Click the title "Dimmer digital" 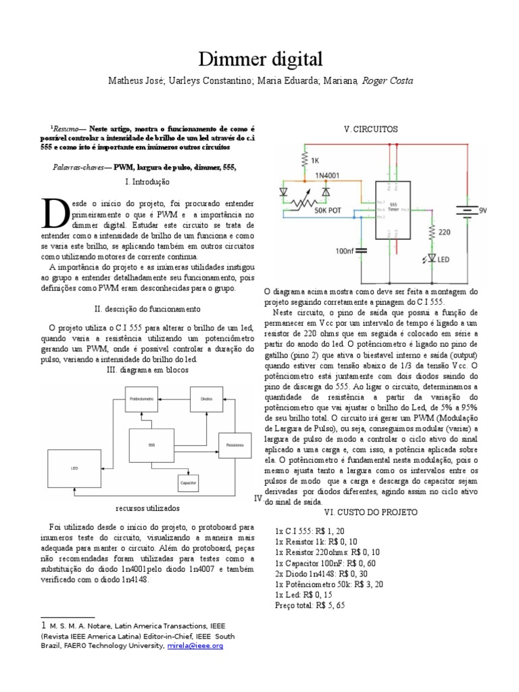pos(259,58)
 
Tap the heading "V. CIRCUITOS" pos(371,129)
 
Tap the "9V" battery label pos(483,211)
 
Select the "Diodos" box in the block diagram pos(206,399)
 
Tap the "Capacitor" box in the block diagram pos(189,483)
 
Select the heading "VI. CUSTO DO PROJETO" pos(371,512)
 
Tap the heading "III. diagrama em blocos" pos(148,370)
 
